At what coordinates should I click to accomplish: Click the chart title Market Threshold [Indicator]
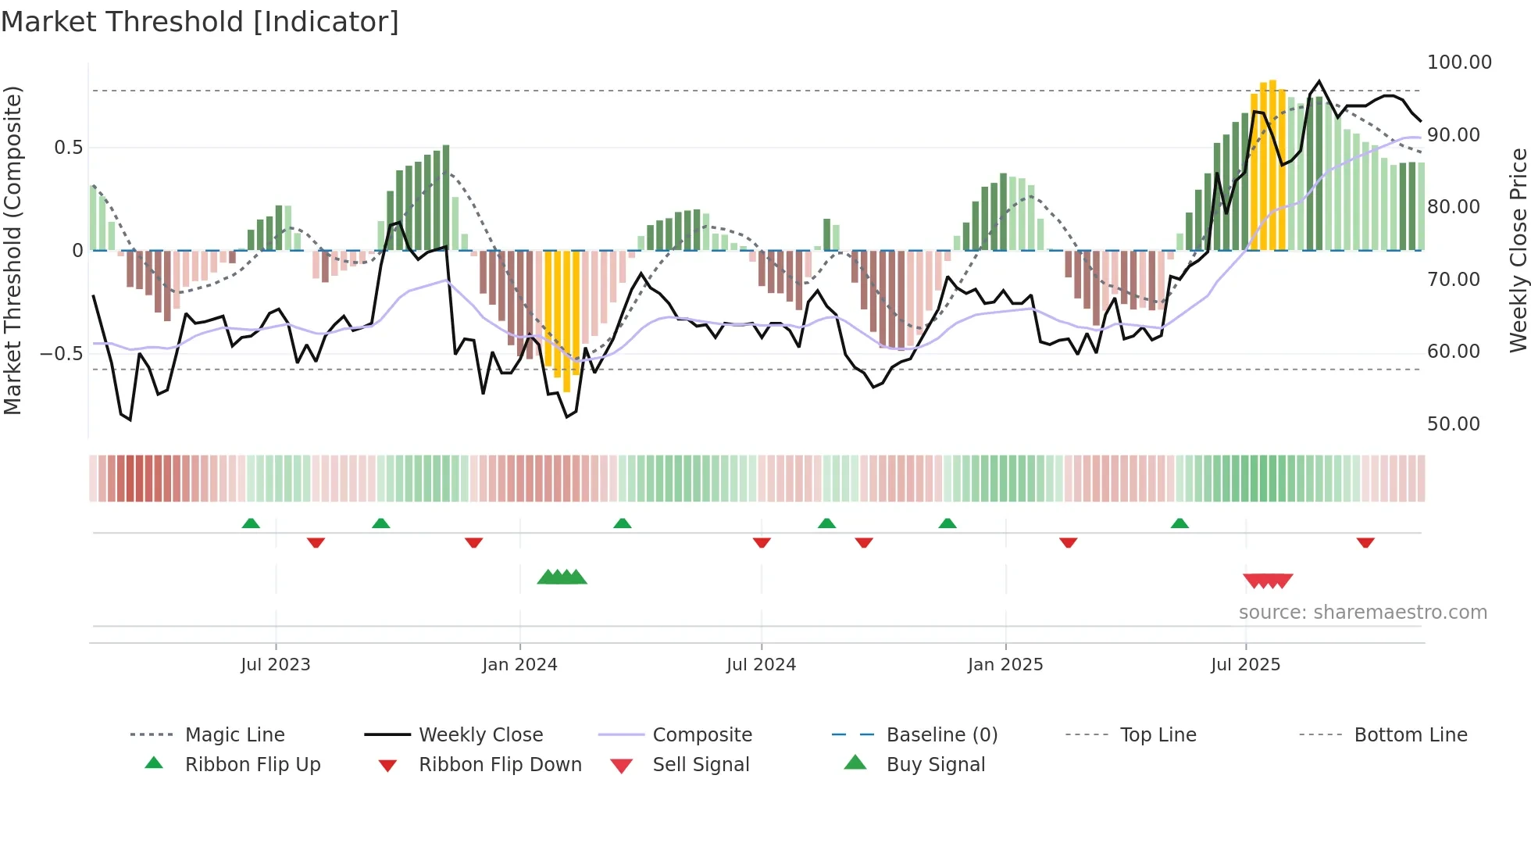pos(200,22)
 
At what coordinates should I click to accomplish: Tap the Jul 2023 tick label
pos(275,665)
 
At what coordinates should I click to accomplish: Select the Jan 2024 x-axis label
pos(519,665)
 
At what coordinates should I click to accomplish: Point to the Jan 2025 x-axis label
pos(1005,665)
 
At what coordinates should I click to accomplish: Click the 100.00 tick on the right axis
pos(1458,63)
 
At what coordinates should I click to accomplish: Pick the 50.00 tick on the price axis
pos(1453,424)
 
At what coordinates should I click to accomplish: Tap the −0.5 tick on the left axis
pos(62,354)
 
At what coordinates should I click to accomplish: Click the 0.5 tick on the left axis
pos(68,148)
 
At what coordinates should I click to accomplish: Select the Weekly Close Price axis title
pos(1518,250)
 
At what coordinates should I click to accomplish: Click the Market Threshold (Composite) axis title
pos(12,250)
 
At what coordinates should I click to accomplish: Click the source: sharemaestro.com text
pos(1362,613)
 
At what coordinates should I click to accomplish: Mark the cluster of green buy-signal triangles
pos(562,577)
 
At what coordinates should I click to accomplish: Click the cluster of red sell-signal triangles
pos(1268,581)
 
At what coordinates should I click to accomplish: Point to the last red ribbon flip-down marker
pos(1365,542)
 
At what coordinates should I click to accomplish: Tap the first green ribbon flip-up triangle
pos(251,523)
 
